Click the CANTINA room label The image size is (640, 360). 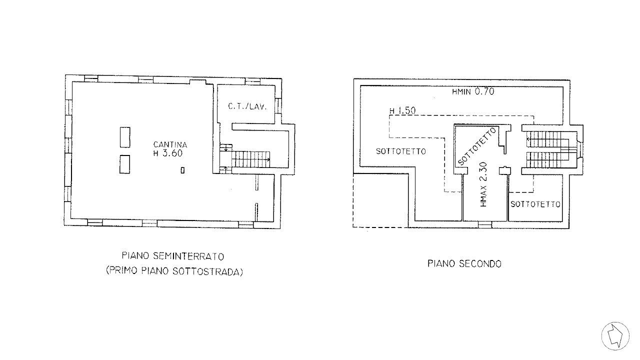tap(170, 145)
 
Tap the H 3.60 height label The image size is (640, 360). tap(168, 154)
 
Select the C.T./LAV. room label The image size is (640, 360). tap(247, 106)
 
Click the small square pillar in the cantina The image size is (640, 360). tap(182, 170)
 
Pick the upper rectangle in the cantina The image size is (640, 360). tap(125, 137)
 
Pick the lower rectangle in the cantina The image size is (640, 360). tap(125, 164)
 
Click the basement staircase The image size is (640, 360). tap(250, 159)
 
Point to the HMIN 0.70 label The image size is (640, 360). tap(472, 92)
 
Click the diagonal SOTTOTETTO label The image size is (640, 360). tap(477, 146)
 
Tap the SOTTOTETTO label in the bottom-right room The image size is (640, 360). tap(535, 204)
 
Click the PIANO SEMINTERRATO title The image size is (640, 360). tap(173, 256)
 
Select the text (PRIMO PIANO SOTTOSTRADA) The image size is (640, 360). tap(174, 272)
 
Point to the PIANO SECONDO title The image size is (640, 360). tap(464, 263)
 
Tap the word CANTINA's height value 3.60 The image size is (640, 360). tap(174, 154)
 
